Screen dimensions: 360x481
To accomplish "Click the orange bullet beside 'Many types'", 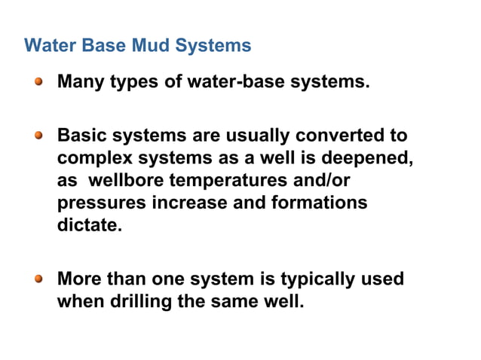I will click(x=39, y=81).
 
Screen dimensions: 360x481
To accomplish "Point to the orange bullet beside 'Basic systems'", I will click(x=39, y=136).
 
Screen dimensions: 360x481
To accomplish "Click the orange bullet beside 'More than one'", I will click(x=39, y=279).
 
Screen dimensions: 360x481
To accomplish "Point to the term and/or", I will click(x=320, y=182).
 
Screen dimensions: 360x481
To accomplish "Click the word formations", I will click(x=324, y=203).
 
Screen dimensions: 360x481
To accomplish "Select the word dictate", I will click(x=89, y=225).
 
